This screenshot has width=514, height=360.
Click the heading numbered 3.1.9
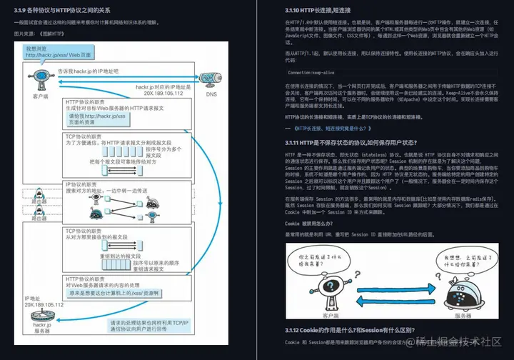tap(65, 9)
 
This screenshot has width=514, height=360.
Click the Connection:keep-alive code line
tap(312, 72)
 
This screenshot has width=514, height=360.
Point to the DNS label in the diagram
tap(211, 94)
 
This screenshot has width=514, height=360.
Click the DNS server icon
tap(211, 79)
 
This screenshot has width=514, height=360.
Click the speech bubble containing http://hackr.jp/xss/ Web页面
tap(53, 51)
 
